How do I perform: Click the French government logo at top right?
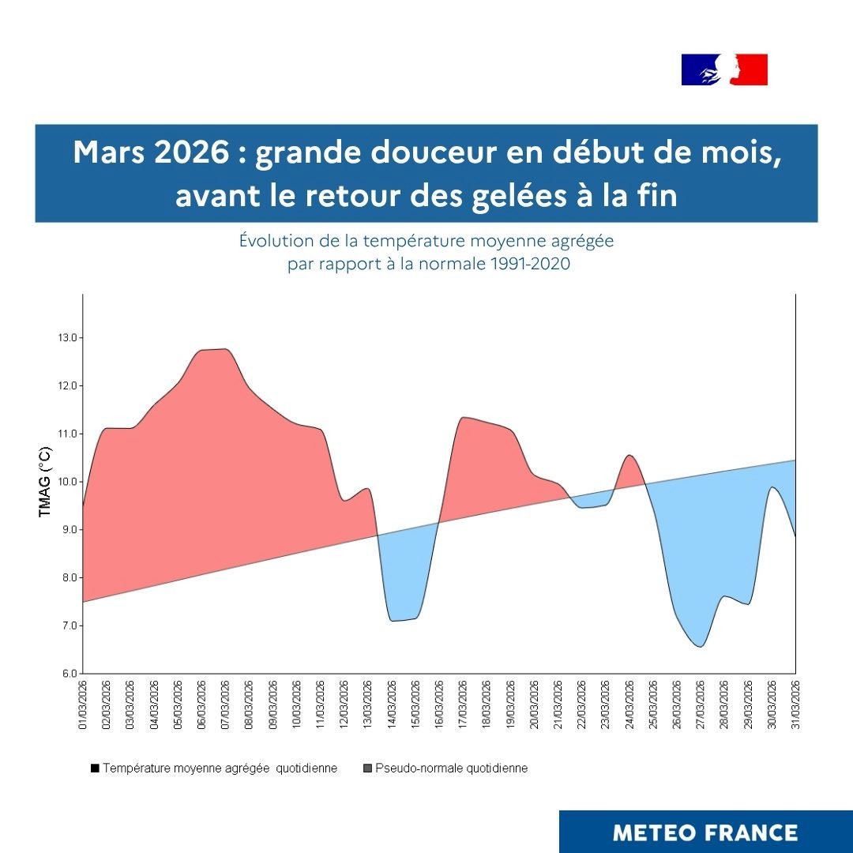point(724,70)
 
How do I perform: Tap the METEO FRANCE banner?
point(705,832)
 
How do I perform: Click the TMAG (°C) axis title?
point(45,482)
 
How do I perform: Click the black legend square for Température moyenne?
point(95,768)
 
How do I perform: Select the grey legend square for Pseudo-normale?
point(367,768)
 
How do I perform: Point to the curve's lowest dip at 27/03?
point(700,646)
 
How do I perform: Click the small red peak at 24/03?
point(629,456)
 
